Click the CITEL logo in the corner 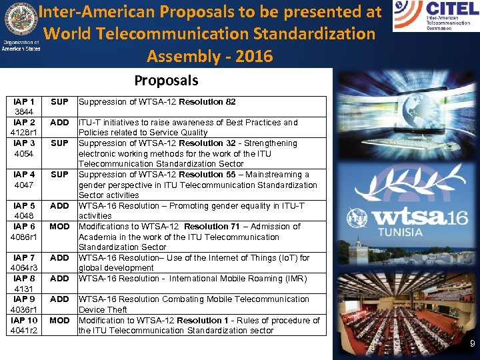(435, 16)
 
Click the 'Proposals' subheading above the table (166, 81)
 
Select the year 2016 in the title (253, 56)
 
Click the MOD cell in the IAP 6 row (59, 227)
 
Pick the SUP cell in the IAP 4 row (59, 175)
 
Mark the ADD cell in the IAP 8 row (59, 279)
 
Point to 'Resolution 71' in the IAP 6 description (211, 227)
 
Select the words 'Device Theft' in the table (103, 310)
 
